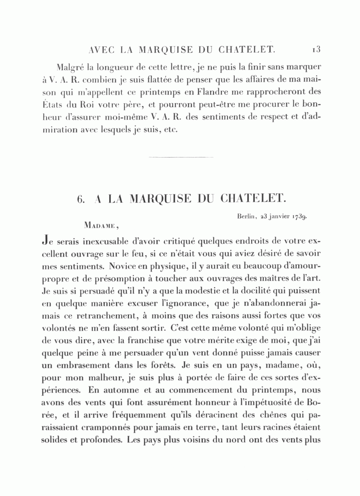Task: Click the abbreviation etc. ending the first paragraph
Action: [170, 131]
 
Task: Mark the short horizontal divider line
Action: [180, 157]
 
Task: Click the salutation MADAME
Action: [100, 226]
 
